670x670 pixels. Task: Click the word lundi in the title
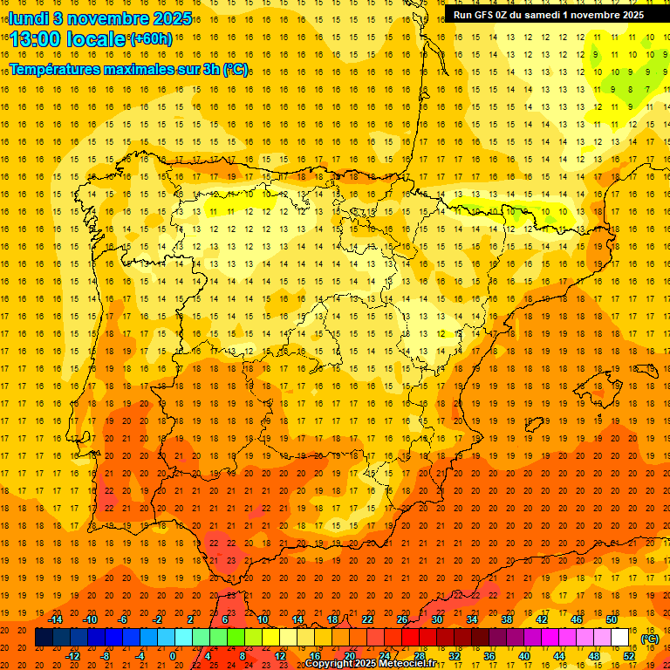(x=28, y=17)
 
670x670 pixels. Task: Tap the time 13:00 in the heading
(x=37, y=39)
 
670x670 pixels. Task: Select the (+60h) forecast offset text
(x=151, y=38)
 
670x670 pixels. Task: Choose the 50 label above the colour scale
(x=611, y=619)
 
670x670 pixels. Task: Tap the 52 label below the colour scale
(x=629, y=656)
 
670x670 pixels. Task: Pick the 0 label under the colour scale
(x=173, y=656)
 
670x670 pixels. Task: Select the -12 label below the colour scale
(x=72, y=656)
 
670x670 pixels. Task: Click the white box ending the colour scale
(x=619, y=638)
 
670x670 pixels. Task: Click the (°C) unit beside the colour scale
(x=649, y=638)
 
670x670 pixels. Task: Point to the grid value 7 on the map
(x=646, y=89)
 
